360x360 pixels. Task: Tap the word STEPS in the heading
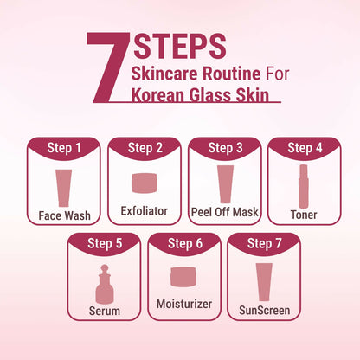[179, 47]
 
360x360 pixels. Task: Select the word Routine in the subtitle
[231, 74]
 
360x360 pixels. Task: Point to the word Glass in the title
[210, 95]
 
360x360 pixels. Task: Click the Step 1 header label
[64, 148]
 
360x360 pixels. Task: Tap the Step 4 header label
[305, 148]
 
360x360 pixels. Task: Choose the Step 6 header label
[185, 243]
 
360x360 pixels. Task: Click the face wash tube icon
[63, 188]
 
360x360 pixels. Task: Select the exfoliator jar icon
[145, 183]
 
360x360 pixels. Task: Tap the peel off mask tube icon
[225, 184]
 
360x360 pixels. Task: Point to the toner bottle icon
[304, 186]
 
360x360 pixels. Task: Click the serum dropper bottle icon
[105, 284]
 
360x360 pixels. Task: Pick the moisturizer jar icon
[183, 277]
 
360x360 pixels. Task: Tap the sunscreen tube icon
[264, 282]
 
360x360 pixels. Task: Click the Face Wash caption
[64, 215]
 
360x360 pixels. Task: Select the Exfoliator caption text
[145, 211]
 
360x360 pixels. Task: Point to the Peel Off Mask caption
[225, 212]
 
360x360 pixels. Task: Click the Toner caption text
[304, 215]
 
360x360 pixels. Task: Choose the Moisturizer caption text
[184, 304]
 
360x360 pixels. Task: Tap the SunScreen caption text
[265, 311]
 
